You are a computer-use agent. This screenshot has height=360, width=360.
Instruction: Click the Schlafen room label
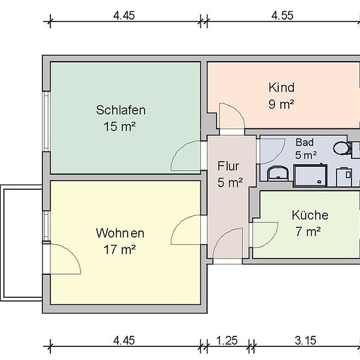(x=121, y=110)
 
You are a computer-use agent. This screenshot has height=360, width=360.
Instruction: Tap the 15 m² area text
(x=120, y=126)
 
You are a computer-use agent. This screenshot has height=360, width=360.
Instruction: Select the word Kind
(x=281, y=88)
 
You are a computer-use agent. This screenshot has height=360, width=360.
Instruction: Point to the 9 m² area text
(x=281, y=104)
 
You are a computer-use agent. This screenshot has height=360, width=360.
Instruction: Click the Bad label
(x=304, y=142)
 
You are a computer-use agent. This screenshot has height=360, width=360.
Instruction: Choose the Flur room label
(x=228, y=166)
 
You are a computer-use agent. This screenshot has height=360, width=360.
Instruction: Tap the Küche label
(x=310, y=215)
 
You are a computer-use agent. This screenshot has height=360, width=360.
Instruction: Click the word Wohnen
(x=120, y=233)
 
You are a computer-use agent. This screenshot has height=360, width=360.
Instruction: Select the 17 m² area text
(x=120, y=249)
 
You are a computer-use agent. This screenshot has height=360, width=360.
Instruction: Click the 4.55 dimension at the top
(x=282, y=16)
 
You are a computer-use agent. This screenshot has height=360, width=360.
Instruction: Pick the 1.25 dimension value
(x=227, y=340)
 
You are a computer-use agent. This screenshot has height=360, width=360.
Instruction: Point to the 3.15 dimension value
(x=306, y=340)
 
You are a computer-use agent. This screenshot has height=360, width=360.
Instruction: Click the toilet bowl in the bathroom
(x=342, y=148)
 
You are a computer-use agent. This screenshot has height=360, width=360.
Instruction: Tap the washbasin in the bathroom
(x=278, y=173)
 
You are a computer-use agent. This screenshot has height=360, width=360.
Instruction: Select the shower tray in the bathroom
(x=310, y=175)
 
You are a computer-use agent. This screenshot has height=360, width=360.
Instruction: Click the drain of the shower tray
(x=319, y=182)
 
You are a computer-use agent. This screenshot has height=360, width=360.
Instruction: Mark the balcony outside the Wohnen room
(x=21, y=243)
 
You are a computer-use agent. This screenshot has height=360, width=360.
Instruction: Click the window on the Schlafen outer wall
(x=46, y=121)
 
